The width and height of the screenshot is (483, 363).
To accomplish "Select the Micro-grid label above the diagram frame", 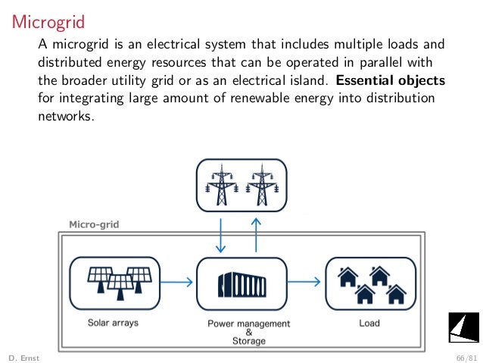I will pyautogui.click(x=94, y=224).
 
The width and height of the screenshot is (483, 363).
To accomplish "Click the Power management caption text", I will pyautogui.click(x=249, y=324).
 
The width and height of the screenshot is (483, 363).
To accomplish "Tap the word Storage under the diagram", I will pyautogui.click(x=249, y=341).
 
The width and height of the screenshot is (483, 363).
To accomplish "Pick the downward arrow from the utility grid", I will pyautogui.click(x=220, y=236).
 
